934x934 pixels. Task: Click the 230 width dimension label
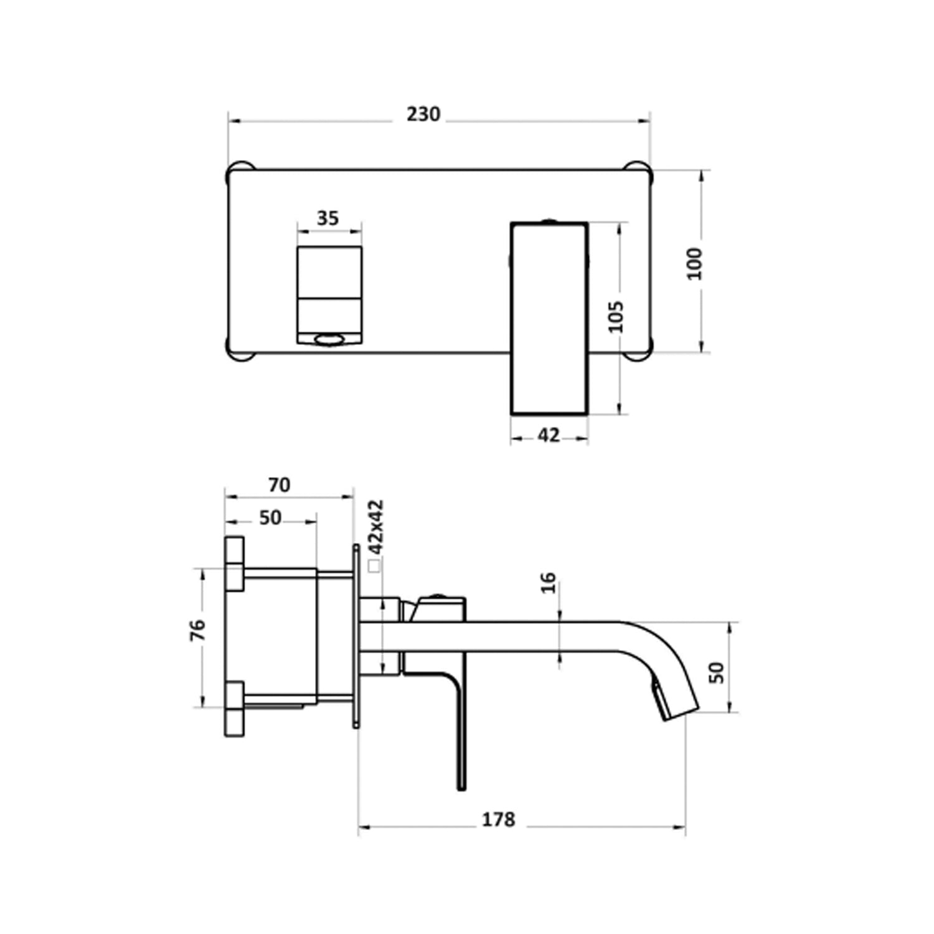coord(423,115)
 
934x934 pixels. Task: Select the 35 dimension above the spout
coord(328,218)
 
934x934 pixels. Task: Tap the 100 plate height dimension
coord(695,263)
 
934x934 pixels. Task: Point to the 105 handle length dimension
coord(616,317)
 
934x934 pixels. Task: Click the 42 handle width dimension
coord(549,435)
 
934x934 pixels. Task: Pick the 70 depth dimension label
coord(279,484)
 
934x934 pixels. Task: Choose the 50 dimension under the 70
coord(270,517)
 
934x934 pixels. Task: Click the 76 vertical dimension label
coord(197,630)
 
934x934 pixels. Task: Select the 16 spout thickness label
coord(549,583)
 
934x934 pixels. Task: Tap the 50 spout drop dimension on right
coord(717,672)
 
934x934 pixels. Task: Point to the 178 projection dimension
coord(499,819)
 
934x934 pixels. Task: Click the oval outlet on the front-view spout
coord(329,339)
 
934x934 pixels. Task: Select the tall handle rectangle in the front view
coord(549,318)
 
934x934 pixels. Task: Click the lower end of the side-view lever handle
coord(461,781)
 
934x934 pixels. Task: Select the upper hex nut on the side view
coord(234,563)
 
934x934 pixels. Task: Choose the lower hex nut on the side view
coord(234,709)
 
